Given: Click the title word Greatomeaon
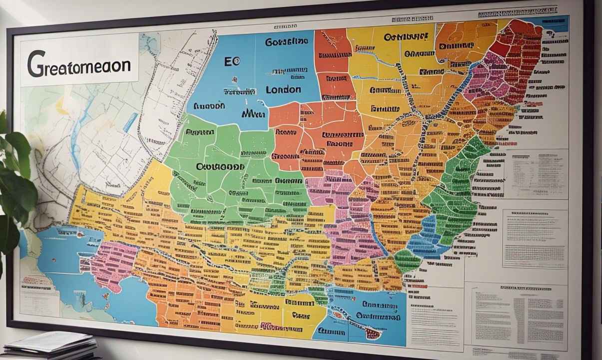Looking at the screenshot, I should coord(78,64).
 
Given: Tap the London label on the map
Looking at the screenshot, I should coord(283,90).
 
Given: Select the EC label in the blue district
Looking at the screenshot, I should coord(232,61).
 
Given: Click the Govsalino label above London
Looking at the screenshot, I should coord(286,42).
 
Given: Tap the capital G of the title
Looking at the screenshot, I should coord(36,64).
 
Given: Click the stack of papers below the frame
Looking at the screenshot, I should coord(52,345).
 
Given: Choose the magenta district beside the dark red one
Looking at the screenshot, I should coord(482,80).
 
